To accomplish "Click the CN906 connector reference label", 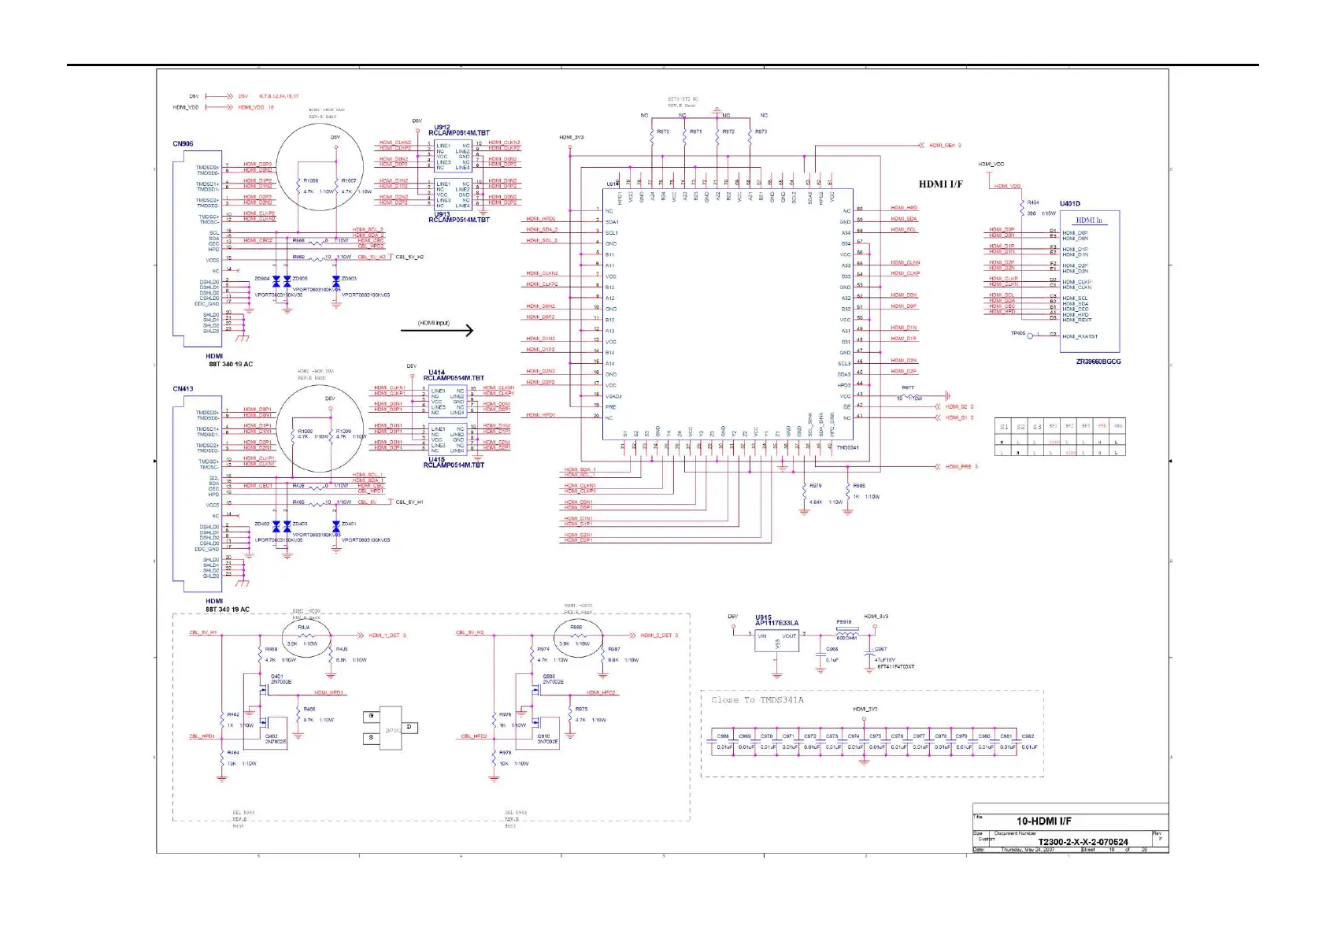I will pos(183,143).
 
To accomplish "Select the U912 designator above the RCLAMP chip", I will pos(443,127).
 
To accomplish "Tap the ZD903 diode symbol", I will pos(336,281).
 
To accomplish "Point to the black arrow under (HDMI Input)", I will pos(437,331).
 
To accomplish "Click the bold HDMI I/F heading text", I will pos(940,184).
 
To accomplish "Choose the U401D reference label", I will pos(1070,204).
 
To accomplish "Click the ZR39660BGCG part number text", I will pos(1098,361).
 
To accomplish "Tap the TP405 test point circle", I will pos(1031,336).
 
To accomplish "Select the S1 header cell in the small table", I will pos(1003,426).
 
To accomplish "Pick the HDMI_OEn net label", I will pos(942,146).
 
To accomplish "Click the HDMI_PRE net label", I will pos(958,466).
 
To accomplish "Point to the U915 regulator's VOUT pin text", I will pos(789,636).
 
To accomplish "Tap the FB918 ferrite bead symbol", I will pos(846,634).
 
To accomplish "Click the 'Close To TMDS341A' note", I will pos(757,699).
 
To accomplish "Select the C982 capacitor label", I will pos(1028,736).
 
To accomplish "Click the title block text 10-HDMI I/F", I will pos(1043,821).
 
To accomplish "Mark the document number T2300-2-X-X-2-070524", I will pos(1083,841).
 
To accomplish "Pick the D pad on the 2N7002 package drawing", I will pos(409,727).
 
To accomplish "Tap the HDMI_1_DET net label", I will pos(385,635).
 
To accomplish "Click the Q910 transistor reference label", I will pos(544,736).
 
